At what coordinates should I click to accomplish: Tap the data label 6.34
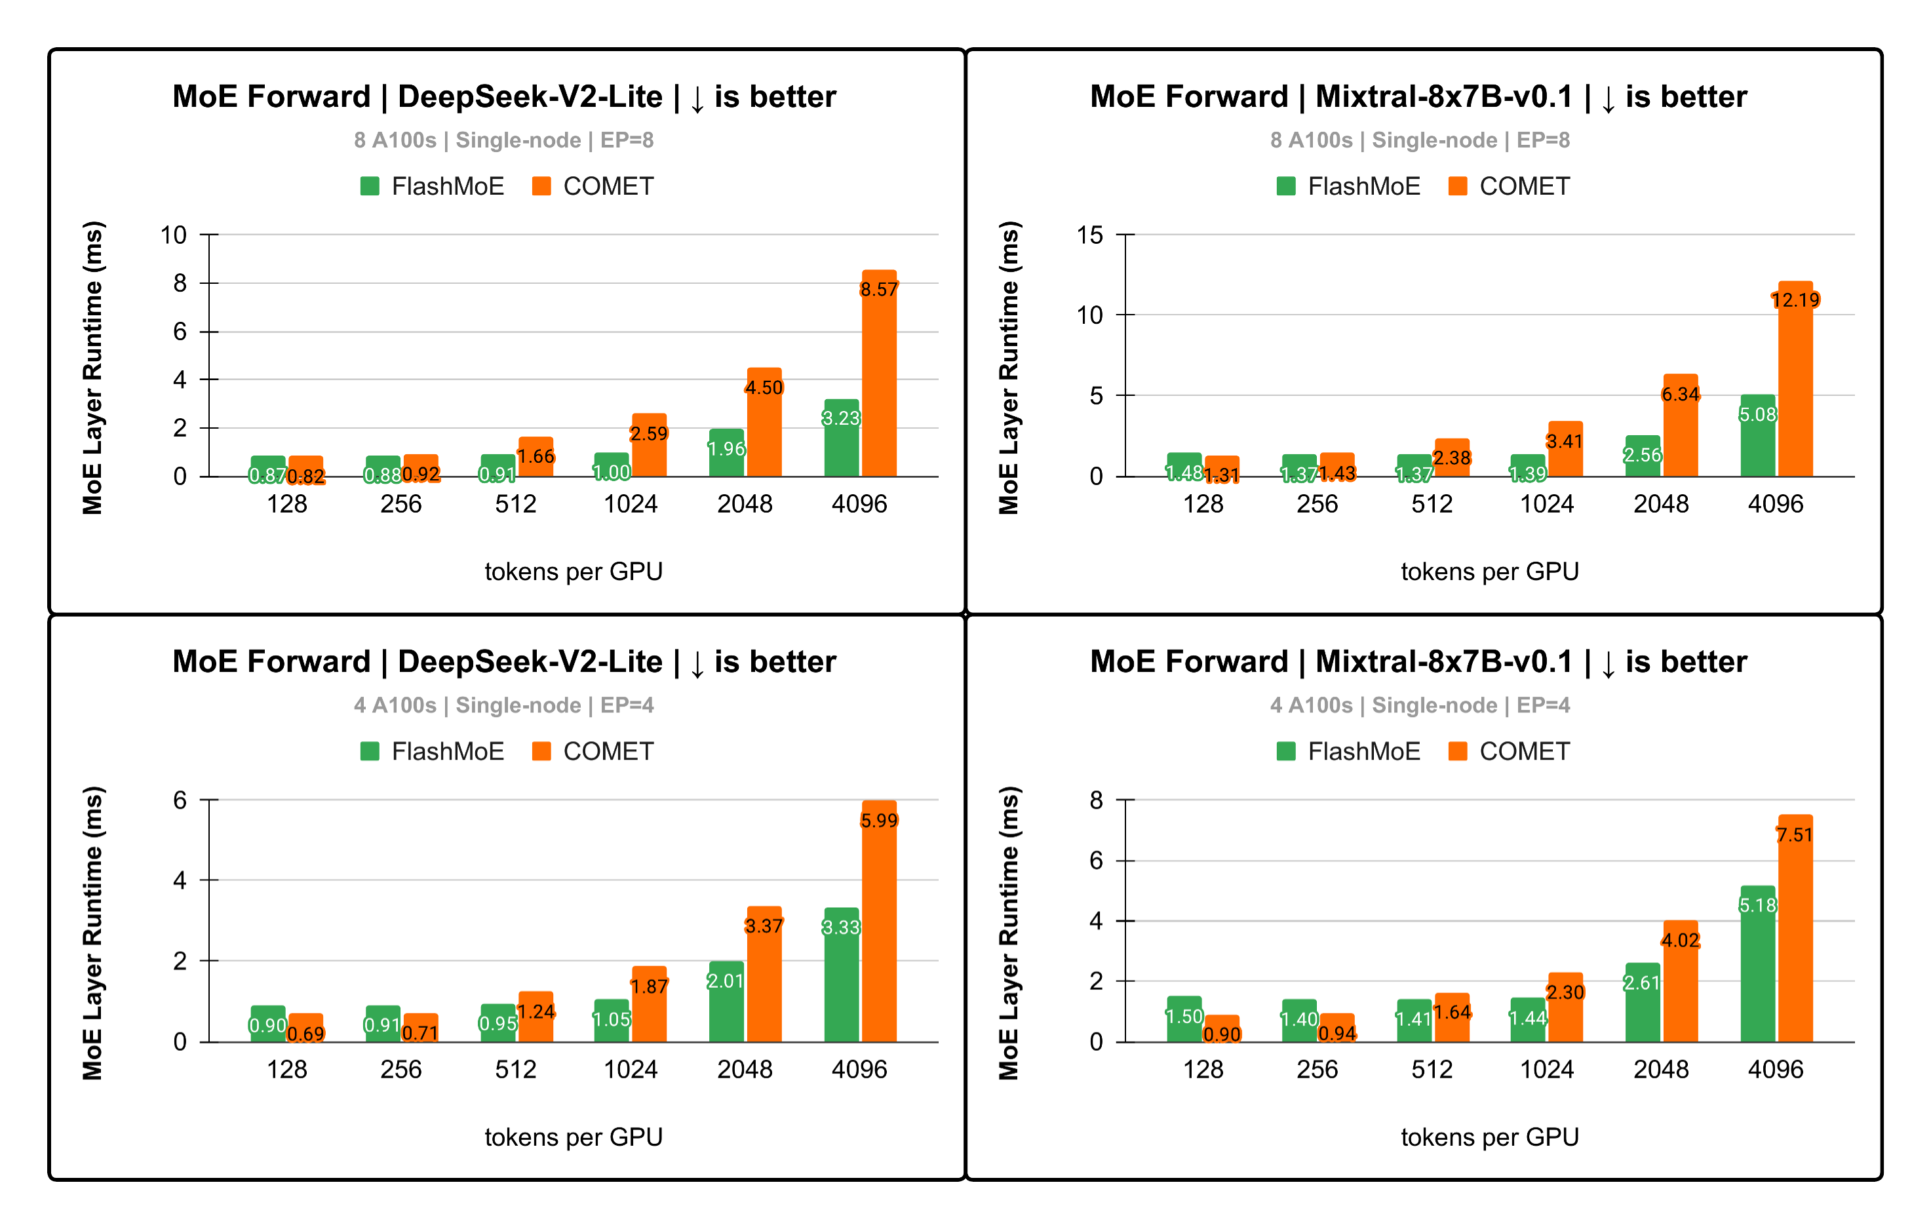pyautogui.click(x=1680, y=395)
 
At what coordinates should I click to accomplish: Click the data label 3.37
pyautogui.click(x=764, y=926)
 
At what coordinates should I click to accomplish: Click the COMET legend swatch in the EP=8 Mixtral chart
pyautogui.click(x=1458, y=186)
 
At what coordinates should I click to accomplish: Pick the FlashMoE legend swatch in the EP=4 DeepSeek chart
pyautogui.click(x=370, y=751)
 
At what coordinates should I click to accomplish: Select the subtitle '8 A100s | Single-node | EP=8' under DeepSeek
pyautogui.click(x=503, y=140)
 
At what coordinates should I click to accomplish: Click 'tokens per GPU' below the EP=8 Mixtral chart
pyautogui.click(x=1490, y=572)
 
